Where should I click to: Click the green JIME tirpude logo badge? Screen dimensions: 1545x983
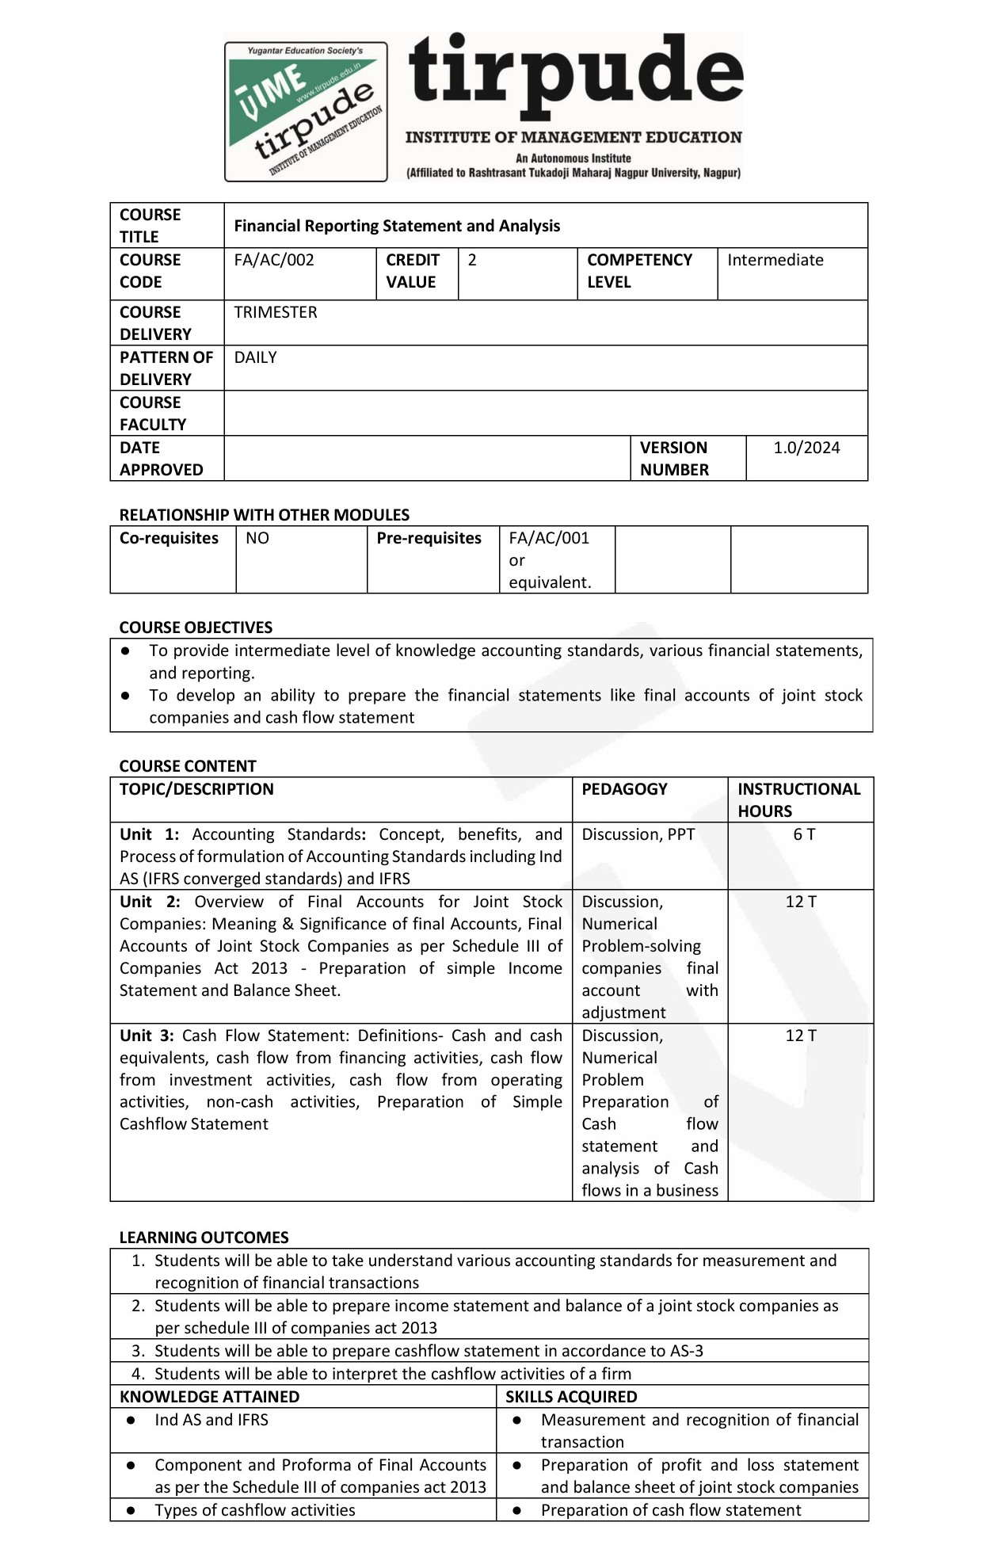tap(306, 112)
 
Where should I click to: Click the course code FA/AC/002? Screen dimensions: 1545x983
tap(274, 261)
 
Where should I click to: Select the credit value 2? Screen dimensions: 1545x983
tap(472, 261)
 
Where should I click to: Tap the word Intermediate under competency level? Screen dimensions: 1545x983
tap(775, 261)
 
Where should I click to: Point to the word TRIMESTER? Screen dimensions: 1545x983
tap(275, 313)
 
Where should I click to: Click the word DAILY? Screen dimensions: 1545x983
tap(255, 358)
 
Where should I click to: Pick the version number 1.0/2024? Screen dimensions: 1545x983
tap(806, 448)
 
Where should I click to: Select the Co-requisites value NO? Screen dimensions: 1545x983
tap(257, 539)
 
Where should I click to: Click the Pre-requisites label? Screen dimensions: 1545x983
tap(429, 539)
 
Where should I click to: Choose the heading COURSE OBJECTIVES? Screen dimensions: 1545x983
tap(196, 628)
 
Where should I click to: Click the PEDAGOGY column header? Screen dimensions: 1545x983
tap(624, 789)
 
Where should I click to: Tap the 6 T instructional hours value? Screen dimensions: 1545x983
tap(804, 835)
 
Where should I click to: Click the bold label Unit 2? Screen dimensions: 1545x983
tap(150, 902)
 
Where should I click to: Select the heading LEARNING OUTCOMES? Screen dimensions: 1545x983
tap(204, 1238)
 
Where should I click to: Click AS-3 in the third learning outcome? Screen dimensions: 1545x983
tap(686, 1351)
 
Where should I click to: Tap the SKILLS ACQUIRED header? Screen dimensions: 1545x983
tap(571, 1397)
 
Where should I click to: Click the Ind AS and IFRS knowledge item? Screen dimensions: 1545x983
tap(211, 1420)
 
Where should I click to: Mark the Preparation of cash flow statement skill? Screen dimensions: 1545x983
tap(671, 1510)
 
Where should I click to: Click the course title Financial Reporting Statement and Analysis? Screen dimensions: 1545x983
tap(397, 227)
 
